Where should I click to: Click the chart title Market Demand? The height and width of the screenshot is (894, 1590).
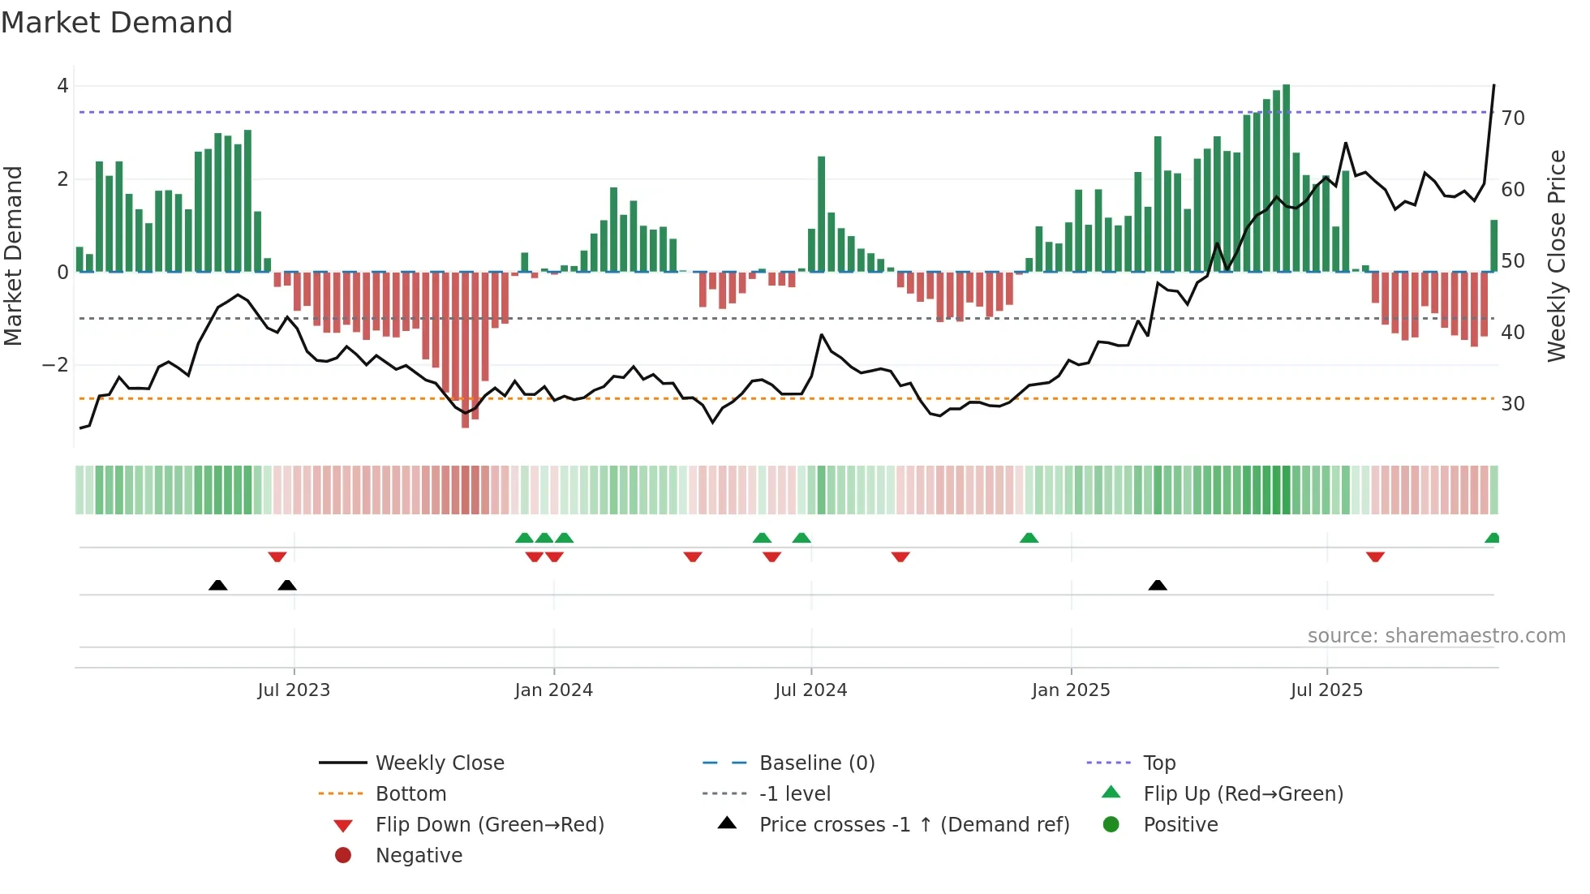coord(117,23)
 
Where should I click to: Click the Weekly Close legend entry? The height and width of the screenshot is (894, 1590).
coord(439,763)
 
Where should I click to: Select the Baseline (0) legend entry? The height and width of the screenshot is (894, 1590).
coord(816,763)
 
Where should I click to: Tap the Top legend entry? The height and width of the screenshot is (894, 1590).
coord(1158,763)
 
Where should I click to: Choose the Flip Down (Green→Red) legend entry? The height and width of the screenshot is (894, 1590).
coord(489,824)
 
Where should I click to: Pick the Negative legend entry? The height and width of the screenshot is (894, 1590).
coord(419,855)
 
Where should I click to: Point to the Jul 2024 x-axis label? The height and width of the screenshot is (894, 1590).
coord(810,690)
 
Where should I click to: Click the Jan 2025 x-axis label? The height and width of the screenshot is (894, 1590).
coord(1070,690)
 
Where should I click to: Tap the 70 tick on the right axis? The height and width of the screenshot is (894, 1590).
coord(1513,118)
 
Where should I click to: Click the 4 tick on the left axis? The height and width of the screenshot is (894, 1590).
coord(62,86)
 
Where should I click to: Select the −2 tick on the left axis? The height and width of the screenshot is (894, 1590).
coord(56,365)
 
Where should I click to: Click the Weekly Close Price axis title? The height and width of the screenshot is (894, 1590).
coord(1556,256)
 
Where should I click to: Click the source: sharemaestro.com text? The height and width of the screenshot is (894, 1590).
coord(1436,635)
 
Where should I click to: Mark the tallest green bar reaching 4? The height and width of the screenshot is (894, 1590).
coord(1286,178)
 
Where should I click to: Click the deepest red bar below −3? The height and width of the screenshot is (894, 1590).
coord(465,349)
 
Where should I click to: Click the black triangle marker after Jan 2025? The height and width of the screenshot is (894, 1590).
coord(1158,585)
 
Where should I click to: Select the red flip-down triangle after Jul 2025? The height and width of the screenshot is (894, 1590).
coord(1374,557)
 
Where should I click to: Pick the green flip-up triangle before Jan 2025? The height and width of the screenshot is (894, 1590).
coord(1029,538)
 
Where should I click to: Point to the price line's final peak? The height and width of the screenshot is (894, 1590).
coord(1493,85)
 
